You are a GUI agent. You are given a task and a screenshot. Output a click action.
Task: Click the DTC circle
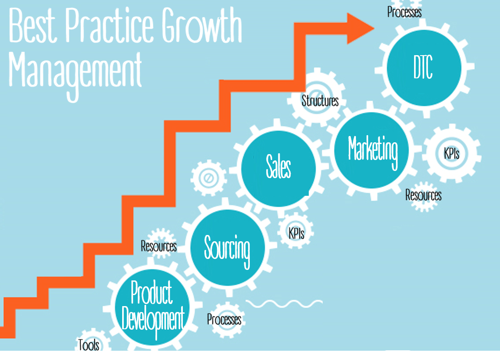click(424, 68)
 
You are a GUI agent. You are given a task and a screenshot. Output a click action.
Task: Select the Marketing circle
click(372, 150)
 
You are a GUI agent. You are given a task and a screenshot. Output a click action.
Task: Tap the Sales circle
click(278, 169)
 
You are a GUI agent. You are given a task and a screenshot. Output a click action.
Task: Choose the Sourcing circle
click(227, 248)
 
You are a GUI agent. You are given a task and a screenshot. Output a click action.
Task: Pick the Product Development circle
click(152, 307)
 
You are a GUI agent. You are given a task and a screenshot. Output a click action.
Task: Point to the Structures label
click(320, 101)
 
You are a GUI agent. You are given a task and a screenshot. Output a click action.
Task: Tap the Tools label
click(88, 345)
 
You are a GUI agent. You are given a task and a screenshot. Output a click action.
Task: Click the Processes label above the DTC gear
click(404, 12)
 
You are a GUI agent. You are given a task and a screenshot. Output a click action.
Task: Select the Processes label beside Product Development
click(224, 319)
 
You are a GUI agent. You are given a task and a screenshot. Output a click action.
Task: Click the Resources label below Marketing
click(423, 195)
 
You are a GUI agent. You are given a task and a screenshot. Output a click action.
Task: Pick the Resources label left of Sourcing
click(159, 246)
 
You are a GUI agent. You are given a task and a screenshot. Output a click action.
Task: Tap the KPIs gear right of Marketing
click(452, 153)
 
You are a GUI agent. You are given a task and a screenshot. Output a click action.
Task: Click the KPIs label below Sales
click(296, 233)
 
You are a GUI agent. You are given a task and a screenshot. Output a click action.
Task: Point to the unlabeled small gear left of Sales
click(209, 178)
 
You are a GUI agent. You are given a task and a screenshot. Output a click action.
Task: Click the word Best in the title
click(33, 26)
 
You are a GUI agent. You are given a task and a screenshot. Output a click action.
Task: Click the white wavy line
click(284, 303)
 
